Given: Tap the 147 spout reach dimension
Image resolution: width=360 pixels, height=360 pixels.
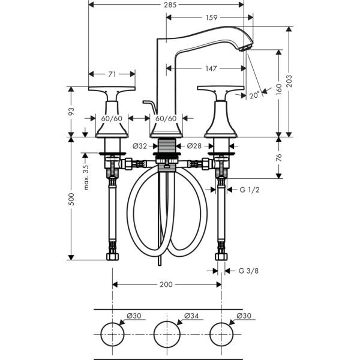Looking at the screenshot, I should (209, 69).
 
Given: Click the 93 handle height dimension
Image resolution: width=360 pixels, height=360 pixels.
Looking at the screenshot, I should (71, 112).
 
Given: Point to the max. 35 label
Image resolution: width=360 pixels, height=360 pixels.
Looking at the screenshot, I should (86, 178).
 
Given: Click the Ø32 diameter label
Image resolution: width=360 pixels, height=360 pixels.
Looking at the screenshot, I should (139, 146).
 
